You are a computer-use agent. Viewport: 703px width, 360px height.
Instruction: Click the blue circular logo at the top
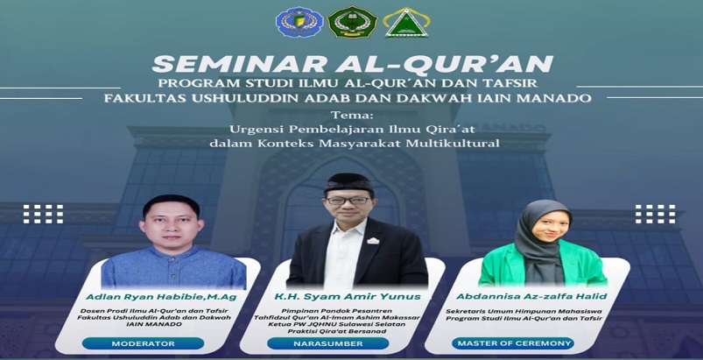tap(299, 22)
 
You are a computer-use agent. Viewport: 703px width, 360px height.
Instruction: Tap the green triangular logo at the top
tap(406, 23)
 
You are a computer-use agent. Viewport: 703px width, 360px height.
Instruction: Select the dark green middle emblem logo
tap(353, 22)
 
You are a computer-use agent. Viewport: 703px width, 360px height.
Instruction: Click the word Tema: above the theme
tap(352, 116)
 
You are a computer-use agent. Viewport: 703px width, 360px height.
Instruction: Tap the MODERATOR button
tap(143, 344)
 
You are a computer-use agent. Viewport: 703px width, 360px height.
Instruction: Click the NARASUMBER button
tap(328, 344)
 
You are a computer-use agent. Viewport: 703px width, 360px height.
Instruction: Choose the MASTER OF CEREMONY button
tap(512, 344)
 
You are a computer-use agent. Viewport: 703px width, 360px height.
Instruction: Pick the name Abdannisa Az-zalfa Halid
tap(531, 296)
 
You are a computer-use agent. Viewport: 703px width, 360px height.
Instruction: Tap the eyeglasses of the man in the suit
tap(348, 201)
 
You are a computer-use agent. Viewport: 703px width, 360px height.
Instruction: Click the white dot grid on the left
tap(43, 214)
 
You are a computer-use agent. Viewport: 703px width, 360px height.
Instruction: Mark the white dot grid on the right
tap(656, 214)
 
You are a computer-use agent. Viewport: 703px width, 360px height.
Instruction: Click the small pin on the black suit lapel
tap(373, 241)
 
